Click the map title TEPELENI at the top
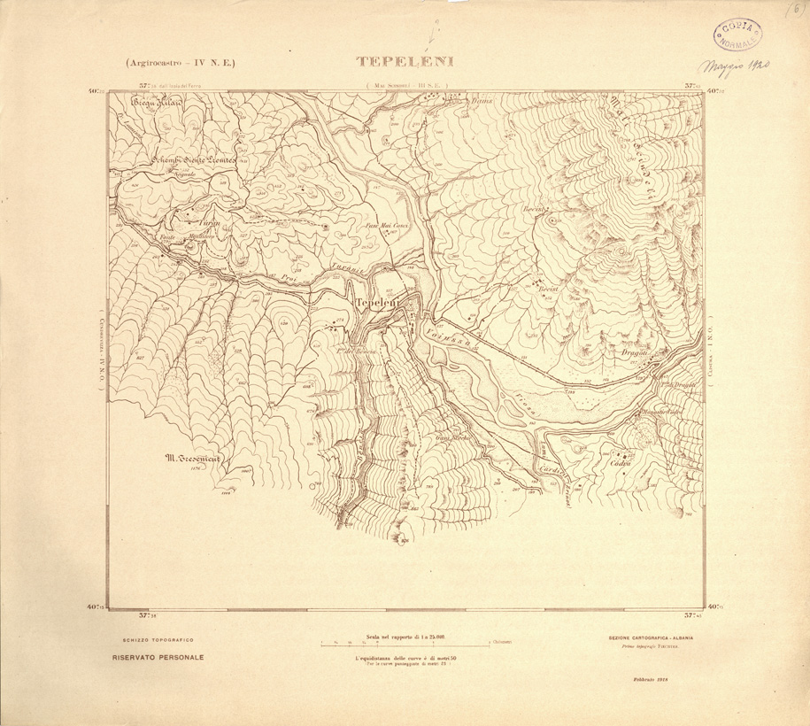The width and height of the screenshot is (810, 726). click(405, 62)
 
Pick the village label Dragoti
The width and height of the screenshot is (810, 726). click(636, 353)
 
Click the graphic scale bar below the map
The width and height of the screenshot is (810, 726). click(405, 645)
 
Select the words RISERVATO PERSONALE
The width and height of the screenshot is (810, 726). click(158, 657)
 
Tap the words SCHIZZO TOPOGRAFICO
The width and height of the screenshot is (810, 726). click(151, 639)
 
